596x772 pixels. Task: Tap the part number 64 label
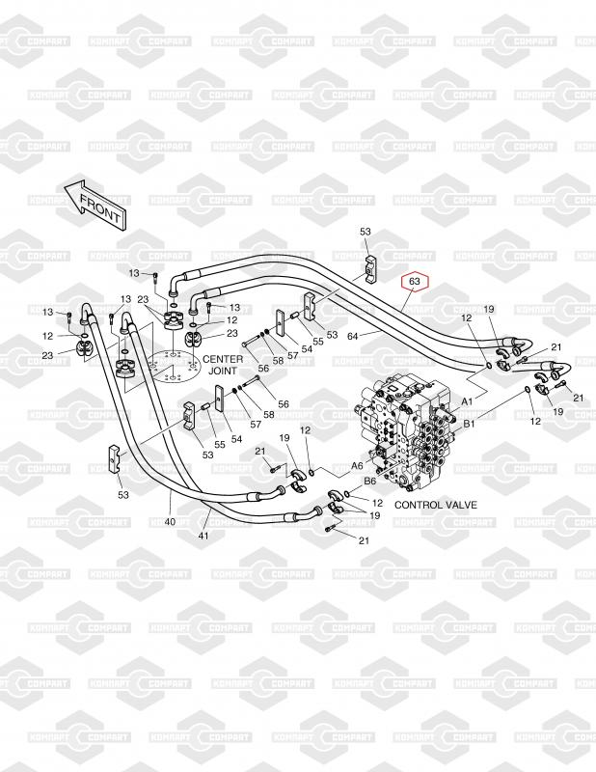pyautogui.click(x=353, y=336)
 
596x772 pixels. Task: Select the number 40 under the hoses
pyautogui.click(x=170, y=522)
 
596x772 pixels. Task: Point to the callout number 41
pyautogui.click(x=203, y=536)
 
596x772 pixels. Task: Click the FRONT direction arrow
pyautogui.click(x=94, y=203)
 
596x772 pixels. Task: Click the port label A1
pyautogui.click(x=467, y=400)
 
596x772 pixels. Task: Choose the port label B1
pyautogui.click(x=470, y=423)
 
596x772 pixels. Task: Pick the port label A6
pyautogui.click(x=356, y=465)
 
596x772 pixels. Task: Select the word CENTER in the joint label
pyautogui.click(x=223, y=359)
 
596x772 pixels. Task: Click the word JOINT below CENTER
pyautogui.click(x=223, y=371)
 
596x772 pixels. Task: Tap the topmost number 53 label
pyautogui.click(x=366, y=233)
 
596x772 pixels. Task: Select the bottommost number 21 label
pyautogui.click(x=365, y=540)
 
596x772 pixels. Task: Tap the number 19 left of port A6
pyautogui.click(x=284, y=439)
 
